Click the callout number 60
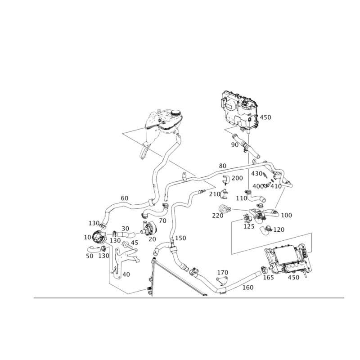[125, 198]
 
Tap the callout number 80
[222, 166]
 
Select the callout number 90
[234, 145]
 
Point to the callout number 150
[180, 238]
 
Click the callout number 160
[248, 288]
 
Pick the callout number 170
[223, 273]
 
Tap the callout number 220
[218, 216]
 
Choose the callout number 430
[256, 174]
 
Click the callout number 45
[135, 243]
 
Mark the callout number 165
[268, 278]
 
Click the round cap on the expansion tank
[175, 113]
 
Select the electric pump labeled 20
[148, 228]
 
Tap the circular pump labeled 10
[98, 238]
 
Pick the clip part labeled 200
[226, 180]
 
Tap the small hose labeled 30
[126, 235]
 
